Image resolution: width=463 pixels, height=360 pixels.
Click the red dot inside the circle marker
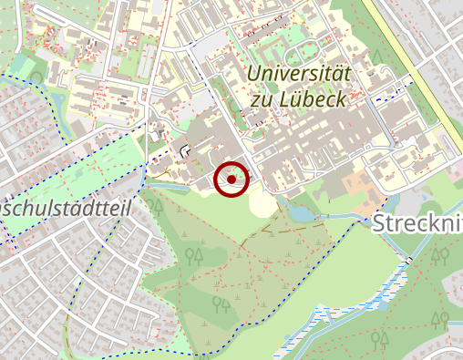click(x=231, y=180)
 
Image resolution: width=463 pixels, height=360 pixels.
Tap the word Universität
click(x=300, y=74)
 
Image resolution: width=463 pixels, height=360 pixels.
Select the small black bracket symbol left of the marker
click(x=186, y=149)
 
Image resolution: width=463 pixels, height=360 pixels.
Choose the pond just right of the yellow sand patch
click(x=298, y=212)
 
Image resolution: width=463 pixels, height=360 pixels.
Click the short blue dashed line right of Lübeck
click(x=387, y=90)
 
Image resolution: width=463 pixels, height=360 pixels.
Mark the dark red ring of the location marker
click(x=231, y=163)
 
